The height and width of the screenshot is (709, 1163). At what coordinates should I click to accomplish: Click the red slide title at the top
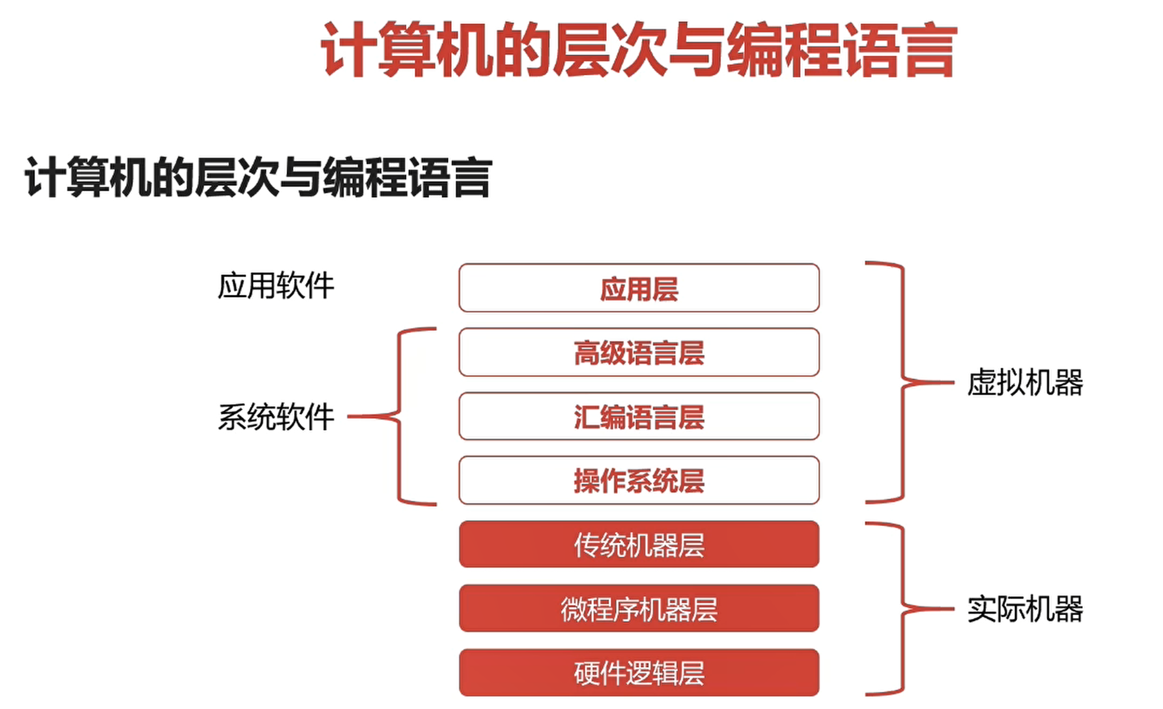pos(638,49)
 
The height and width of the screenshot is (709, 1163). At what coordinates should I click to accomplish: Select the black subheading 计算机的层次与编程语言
pos(258,177)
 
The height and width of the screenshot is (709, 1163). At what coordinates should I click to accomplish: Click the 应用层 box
pos(638,288)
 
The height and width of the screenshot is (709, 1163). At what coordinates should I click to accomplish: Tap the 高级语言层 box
pos(638,352)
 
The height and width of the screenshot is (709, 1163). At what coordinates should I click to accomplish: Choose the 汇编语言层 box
pos(638,417)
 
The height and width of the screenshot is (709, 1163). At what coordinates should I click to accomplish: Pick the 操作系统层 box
pos(638,481)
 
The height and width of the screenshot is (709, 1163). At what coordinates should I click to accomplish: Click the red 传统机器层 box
pos(638,544)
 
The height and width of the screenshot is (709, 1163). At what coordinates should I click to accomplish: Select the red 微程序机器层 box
pos(638,608)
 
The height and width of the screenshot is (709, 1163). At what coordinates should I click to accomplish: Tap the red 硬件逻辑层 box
pos(638,673)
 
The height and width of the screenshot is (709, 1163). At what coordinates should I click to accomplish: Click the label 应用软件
pos(276,286)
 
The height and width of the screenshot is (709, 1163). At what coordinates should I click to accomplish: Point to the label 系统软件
pos(276,417)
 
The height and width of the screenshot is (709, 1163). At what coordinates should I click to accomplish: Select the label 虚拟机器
pos(1025,382)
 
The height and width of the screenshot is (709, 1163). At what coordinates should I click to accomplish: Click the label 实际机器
pos(1025,608)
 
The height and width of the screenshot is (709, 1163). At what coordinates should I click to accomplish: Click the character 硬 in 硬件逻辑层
pos(588,674)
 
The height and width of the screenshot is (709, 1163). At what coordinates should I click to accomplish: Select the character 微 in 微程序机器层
pos(574,609)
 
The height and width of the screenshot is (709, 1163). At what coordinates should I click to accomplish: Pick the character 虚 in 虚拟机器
pos(982,383)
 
